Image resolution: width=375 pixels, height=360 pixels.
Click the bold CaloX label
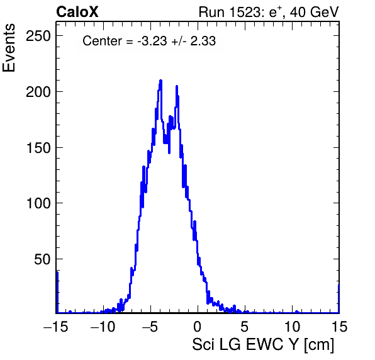(77, 12)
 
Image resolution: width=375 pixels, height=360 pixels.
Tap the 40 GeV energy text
(314, 12)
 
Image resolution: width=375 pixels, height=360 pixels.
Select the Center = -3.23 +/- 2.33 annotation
(149, 41)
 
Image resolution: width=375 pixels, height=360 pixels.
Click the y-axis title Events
(9, 48)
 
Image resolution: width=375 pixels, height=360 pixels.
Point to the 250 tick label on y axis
(38, 36)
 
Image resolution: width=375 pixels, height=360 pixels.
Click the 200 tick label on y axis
(38, 92)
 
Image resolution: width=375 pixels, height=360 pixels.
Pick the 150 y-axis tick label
(38, 148)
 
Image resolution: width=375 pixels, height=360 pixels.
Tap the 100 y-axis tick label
(38, 203)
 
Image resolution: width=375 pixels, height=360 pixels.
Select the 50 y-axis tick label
(43, 259)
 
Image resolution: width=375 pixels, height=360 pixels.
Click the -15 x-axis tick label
(56, 327)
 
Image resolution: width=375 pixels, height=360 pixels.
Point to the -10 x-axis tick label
(103, 327)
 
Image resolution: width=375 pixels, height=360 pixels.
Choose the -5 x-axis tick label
(150, 327)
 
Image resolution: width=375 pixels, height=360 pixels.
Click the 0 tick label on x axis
(198, 327)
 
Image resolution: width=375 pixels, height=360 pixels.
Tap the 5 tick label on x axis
(244, 327)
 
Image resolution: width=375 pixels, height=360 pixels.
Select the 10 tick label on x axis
(292, 327)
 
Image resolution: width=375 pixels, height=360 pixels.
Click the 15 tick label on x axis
(339, 327)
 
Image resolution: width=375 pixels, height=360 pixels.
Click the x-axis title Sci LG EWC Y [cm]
(263, 345)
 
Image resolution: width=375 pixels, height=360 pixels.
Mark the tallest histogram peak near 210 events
(160, 81)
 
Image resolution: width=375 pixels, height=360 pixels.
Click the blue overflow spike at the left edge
(57, 292)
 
